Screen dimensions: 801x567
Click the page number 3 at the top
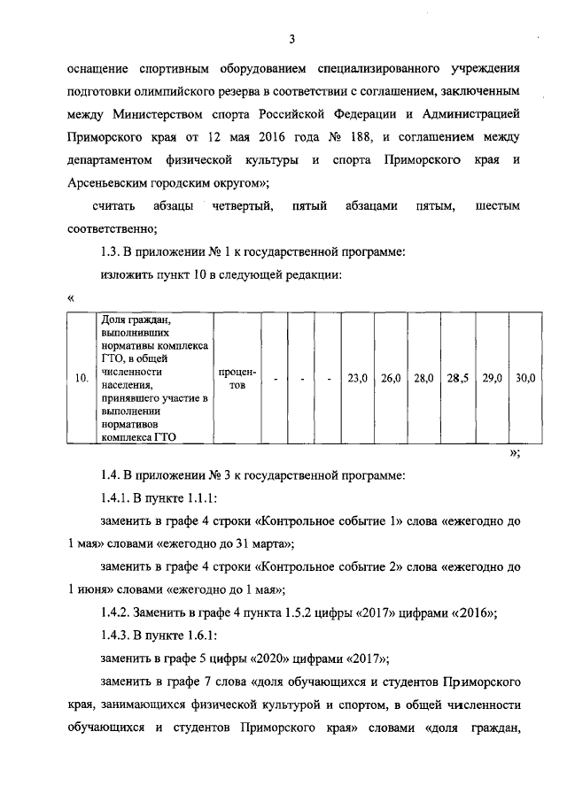point(290,38)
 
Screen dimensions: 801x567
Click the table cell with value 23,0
point(357,379)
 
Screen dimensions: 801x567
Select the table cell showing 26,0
point(391,379)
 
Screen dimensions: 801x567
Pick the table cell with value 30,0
point(525,379)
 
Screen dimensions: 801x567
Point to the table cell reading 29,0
point(492,379)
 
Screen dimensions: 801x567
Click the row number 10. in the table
point(81,379)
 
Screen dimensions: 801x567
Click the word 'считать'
point(113,206)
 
